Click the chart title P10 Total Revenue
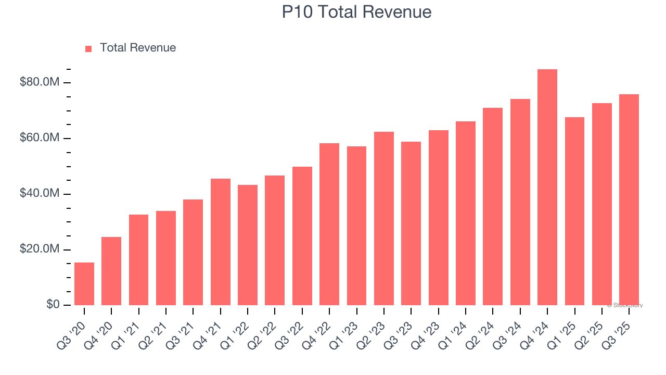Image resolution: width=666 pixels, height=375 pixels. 356,12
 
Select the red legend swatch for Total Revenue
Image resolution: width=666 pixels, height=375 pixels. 88,48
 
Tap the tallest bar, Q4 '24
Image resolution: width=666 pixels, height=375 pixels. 547,187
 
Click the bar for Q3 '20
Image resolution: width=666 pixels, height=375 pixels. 84,284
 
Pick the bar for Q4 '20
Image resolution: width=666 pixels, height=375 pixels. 111,271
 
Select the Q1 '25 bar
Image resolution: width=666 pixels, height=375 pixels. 574,211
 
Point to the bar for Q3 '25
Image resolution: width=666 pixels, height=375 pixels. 629,199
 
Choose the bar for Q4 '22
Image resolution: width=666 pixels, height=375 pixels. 329,224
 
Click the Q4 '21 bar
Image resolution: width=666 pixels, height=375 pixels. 221,242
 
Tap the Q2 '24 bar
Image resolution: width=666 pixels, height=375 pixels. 493,206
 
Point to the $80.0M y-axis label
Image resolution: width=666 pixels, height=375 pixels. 39,82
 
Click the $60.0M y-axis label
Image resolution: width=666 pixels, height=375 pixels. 39,138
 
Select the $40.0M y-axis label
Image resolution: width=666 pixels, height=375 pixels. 39,194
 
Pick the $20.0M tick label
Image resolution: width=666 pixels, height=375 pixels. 39,249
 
